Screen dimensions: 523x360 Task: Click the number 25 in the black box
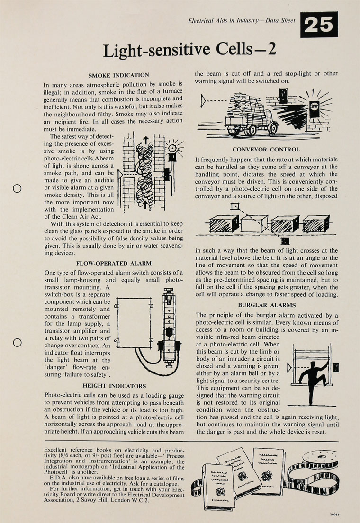319,25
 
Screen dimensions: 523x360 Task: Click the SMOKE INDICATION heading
119,75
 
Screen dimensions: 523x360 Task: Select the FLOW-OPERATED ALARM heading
114,263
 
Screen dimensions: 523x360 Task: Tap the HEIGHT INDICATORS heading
114,386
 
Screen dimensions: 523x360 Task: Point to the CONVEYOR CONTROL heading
266,150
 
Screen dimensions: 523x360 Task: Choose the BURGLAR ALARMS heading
267,305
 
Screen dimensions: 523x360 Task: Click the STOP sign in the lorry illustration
315,106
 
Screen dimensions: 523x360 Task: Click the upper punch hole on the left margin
18,188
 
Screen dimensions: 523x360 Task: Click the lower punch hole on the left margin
18,342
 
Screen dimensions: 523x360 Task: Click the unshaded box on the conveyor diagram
254,223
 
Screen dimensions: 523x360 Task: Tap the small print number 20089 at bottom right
336,513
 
